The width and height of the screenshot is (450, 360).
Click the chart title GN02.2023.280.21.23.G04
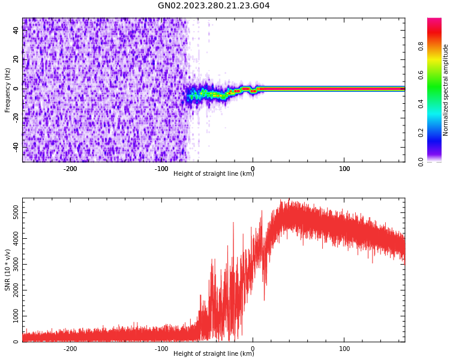pos(214,6)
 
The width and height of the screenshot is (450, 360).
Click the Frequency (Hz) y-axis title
pos(8,90)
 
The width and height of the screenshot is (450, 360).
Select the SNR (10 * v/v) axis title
pos(8,270)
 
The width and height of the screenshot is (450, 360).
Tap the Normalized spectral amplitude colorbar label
pos(446,90)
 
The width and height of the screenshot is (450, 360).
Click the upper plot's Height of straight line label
pos(214,173)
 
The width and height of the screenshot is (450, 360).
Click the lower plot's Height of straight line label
pos(214,353)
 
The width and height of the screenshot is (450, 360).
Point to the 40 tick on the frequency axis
pos(16,30)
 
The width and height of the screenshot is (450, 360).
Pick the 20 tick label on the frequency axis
pos(16,59)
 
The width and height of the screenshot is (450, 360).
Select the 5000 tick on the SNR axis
pos(12,213)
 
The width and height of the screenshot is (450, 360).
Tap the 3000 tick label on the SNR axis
pos(12,265)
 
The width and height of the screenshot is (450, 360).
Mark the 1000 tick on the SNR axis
pos(12,316)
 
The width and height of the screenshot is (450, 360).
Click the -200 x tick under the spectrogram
pos(70,169)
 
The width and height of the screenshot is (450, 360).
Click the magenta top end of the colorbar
pos(434,20)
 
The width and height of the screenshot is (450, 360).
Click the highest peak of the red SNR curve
pos(289,199)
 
